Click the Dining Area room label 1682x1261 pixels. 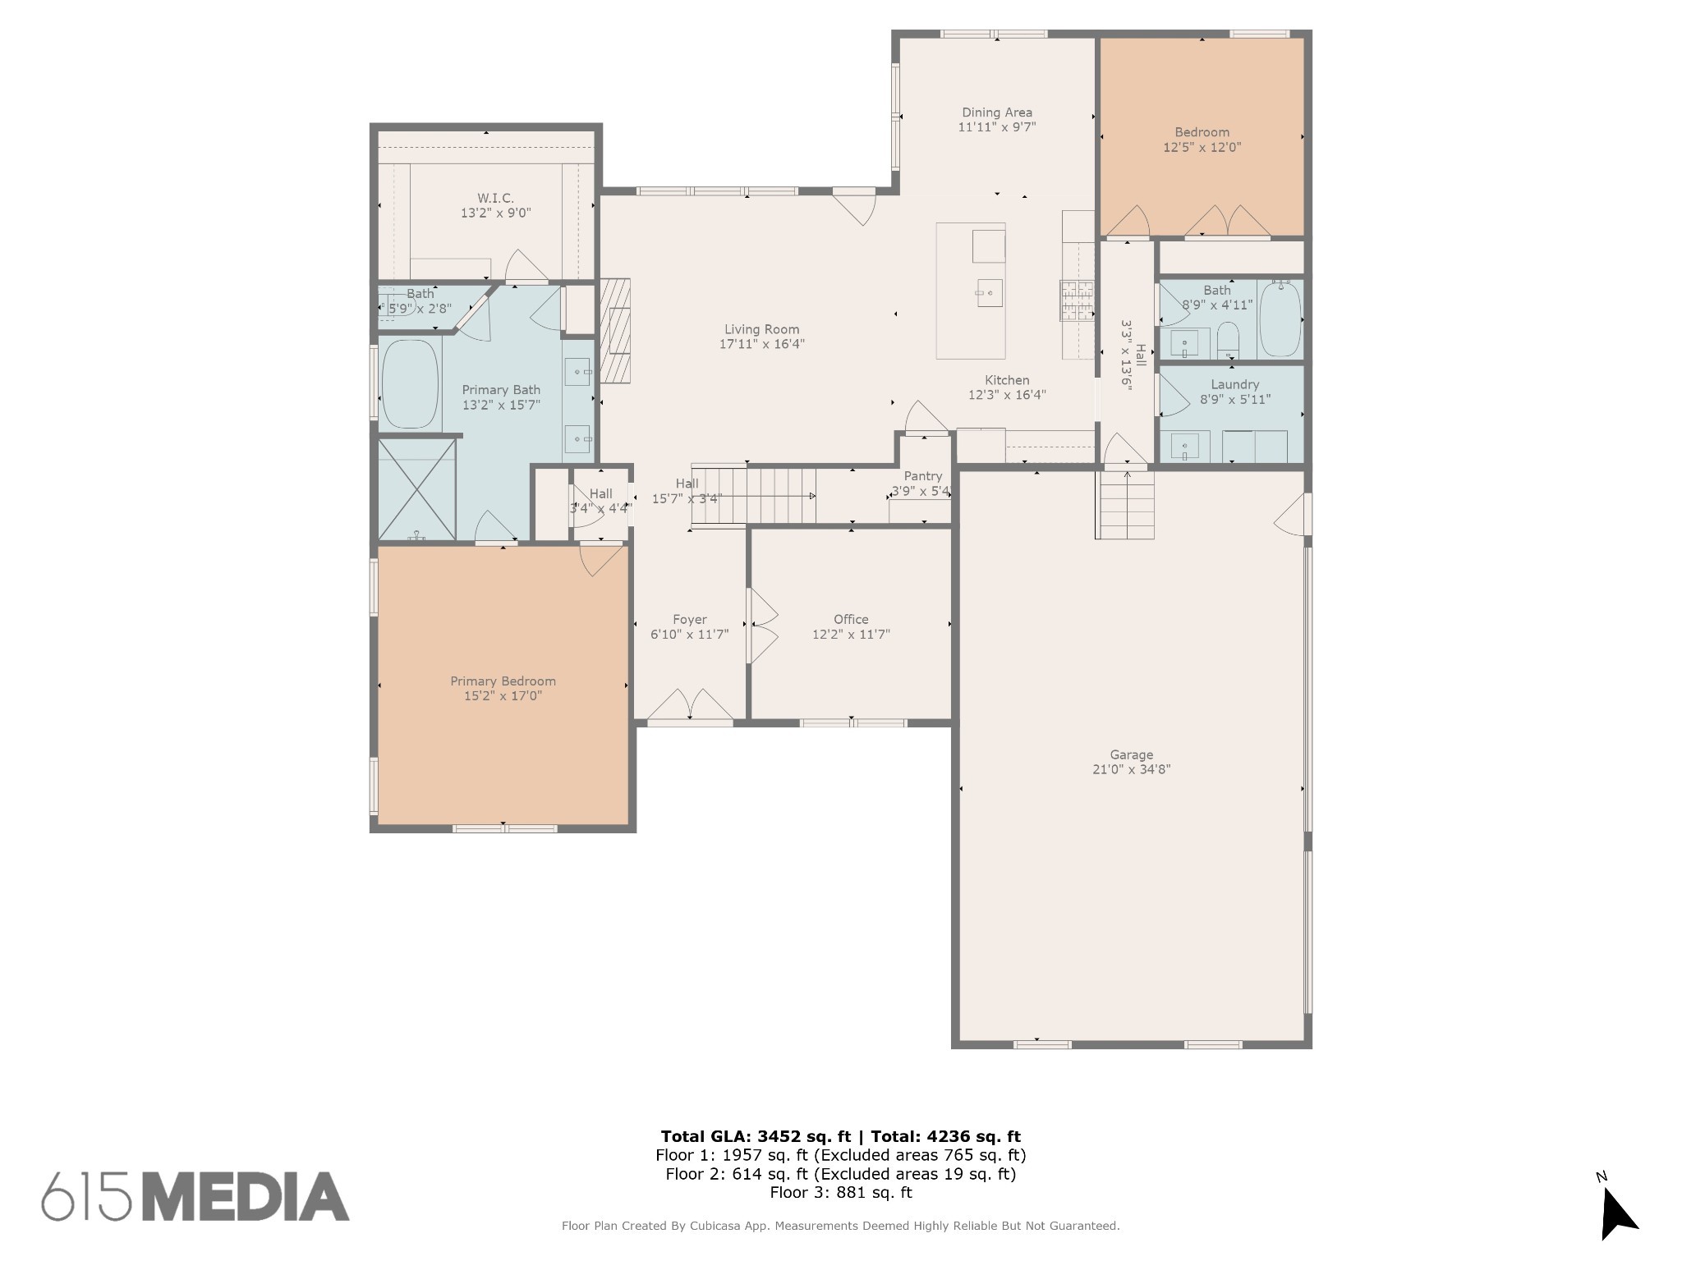[997, 112]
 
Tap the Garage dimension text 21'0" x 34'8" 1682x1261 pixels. [1131, 769]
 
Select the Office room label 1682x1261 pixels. [851, 619]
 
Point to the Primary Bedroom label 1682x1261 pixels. [503, 681]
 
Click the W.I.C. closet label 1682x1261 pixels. [495, 198]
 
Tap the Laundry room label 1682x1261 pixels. [1234, 384]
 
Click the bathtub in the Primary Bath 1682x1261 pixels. [410, 383]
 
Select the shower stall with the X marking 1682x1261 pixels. [417, 489]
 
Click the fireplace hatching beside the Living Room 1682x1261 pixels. [615, 330]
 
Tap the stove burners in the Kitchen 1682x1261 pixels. [1078, 300]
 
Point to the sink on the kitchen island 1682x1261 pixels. [989, 292]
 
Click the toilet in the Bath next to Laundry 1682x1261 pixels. [1228, 339]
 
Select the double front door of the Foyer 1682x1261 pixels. [691, 707]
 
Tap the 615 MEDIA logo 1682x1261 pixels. [195, 1196]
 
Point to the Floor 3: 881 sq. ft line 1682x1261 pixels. [841, 1192]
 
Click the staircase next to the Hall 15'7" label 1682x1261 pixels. [754, 496]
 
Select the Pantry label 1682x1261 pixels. [922, 476]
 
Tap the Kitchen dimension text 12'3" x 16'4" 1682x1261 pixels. [1007, 395]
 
